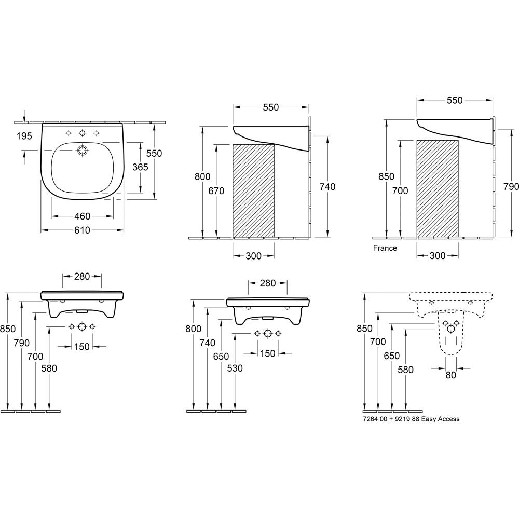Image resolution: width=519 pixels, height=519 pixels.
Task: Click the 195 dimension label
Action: point(24,136)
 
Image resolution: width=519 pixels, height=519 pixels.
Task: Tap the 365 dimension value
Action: point(140,167)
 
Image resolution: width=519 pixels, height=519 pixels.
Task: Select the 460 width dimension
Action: point(82,216)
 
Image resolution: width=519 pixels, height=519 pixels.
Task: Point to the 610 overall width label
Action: point(82,230)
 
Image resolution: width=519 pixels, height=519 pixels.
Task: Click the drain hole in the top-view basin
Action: point(82,151)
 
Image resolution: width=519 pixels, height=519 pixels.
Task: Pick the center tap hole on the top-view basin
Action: point(82,133)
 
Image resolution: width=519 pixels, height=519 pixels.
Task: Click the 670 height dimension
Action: point(216,191)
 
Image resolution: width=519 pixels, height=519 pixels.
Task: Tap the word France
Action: point(385,248)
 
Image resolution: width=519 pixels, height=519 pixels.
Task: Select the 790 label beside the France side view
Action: point(511,187)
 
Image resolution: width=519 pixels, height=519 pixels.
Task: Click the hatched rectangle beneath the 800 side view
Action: point(254,190)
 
